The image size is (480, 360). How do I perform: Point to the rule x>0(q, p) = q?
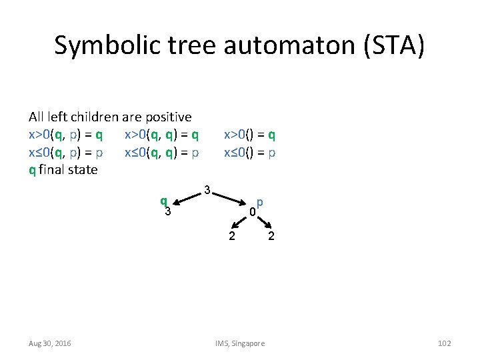(x=65, y=135)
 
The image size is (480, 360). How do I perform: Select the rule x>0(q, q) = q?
(x=161, y=135)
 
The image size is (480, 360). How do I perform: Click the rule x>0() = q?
(x=250, y=135)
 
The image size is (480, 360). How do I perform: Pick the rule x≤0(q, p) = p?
(x=65, y=152)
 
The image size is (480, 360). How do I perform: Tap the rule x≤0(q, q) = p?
(x=161, y=152)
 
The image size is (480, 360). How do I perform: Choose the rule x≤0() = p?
(x=250, y=152)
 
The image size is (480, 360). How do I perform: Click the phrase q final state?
(x=63, y=169)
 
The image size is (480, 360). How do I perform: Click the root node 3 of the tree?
(x=207, y=191)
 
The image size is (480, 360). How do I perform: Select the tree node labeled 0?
(x=252, y=213)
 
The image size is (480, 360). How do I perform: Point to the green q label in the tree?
(x=163, y=201)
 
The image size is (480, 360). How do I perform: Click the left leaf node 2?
(x=231, y=236)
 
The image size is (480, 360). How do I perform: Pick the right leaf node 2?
(x=271, y=236)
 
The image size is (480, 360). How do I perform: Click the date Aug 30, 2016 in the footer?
(x=50, y=343)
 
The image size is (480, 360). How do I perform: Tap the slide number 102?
(x=444, y=343)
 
